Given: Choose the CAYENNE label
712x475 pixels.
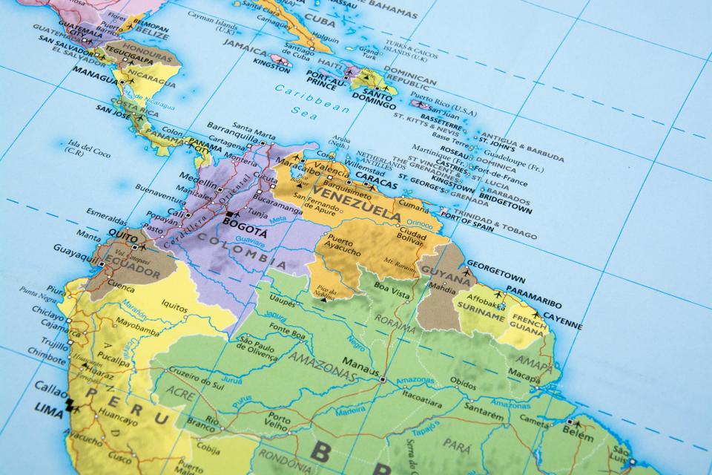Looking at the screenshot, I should pos(561,324).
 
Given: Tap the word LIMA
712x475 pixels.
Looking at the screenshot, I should pos(49,407).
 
